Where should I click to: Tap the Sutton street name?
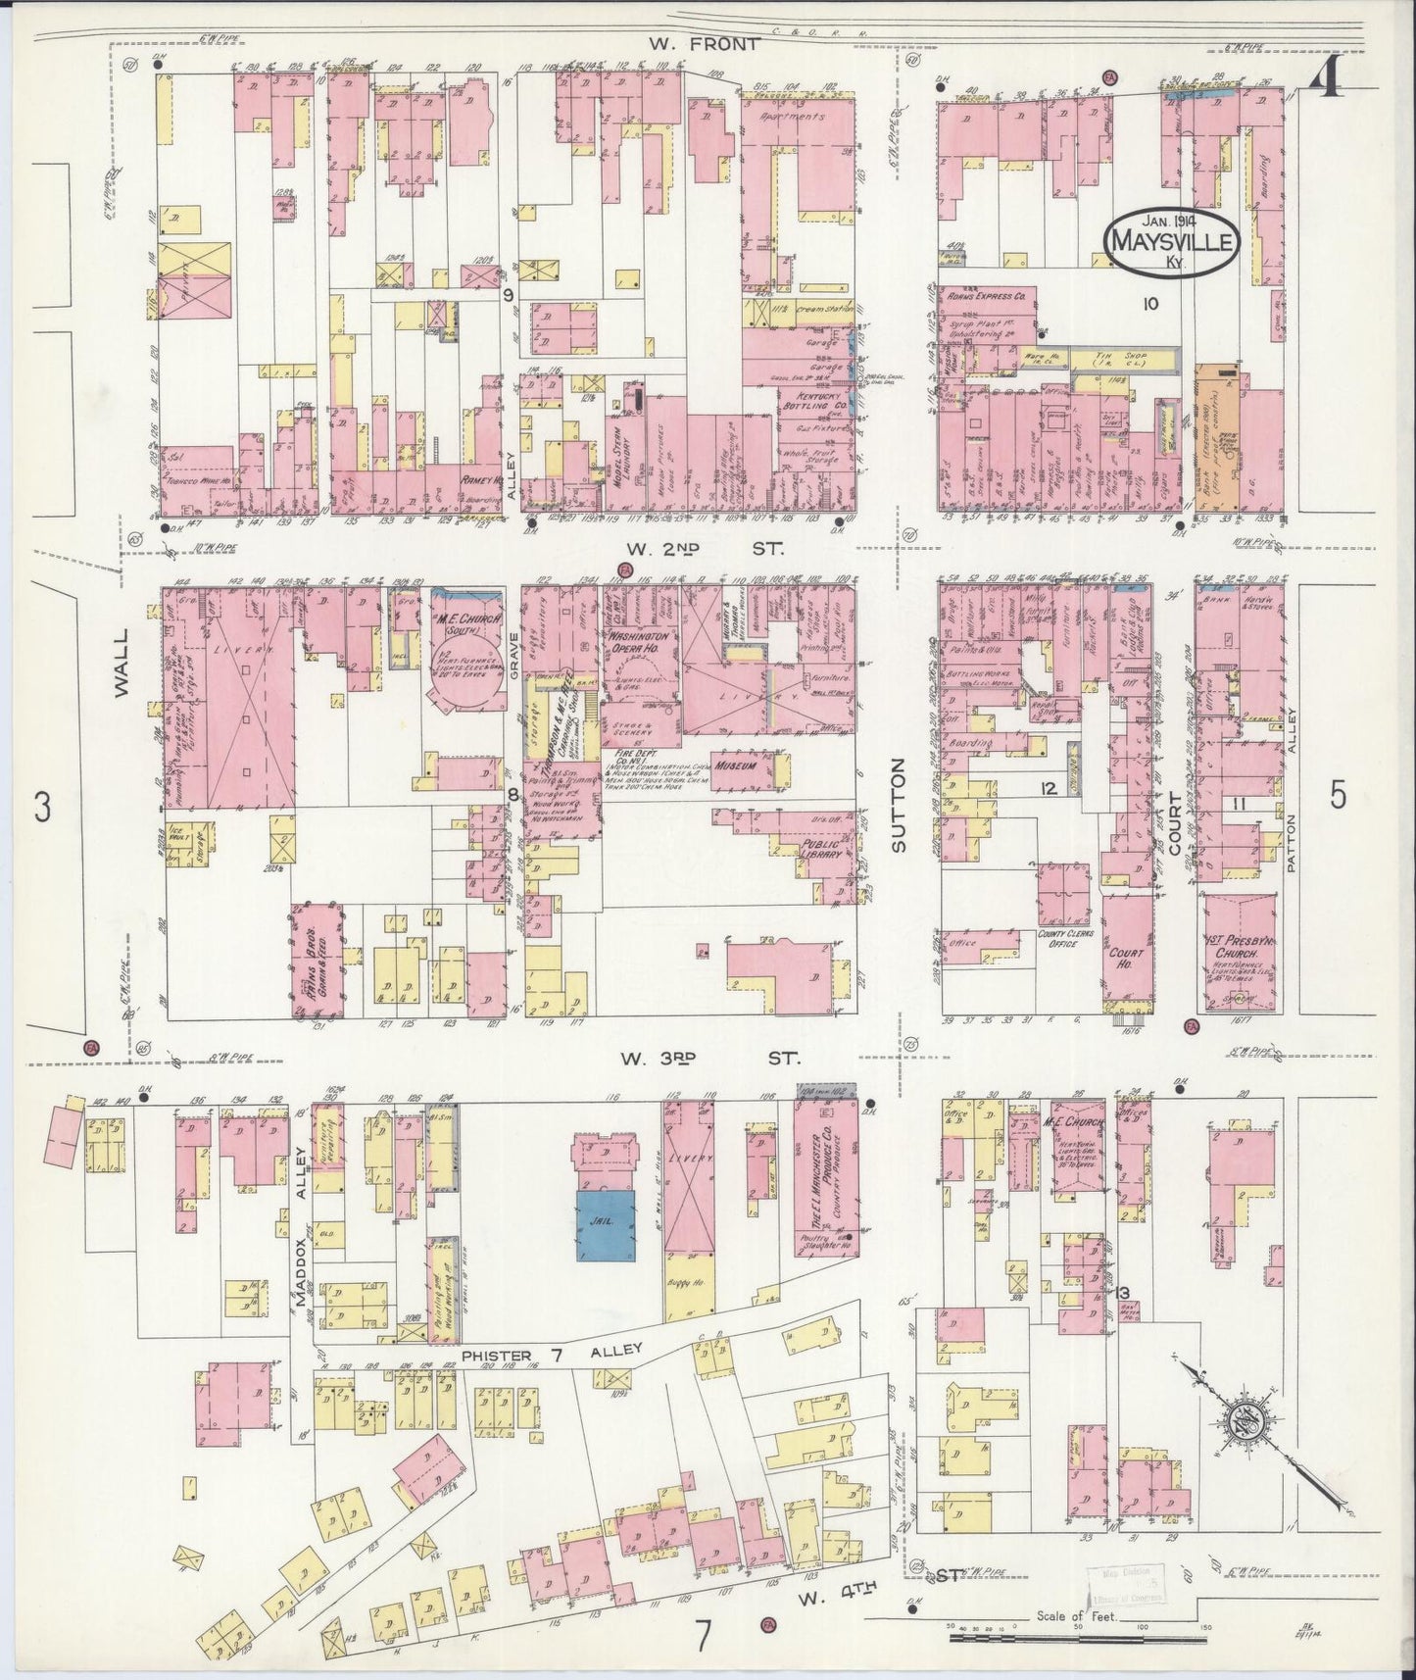[x=900, y=808]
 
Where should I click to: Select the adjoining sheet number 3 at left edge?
[x=40, y=808]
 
